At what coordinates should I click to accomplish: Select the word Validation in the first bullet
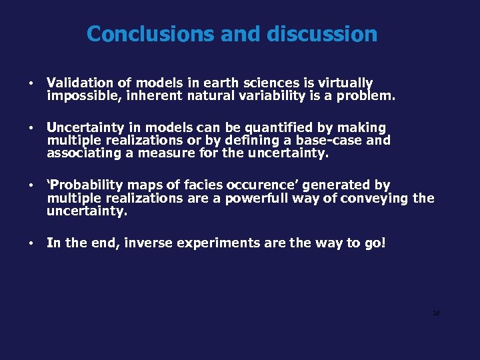pyautogui.click(x=80, y=83)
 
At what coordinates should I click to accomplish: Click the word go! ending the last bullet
pyautogui.click(x=373, y=243)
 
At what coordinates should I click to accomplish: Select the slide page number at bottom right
pyautogui.click(x=436, y=313)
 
